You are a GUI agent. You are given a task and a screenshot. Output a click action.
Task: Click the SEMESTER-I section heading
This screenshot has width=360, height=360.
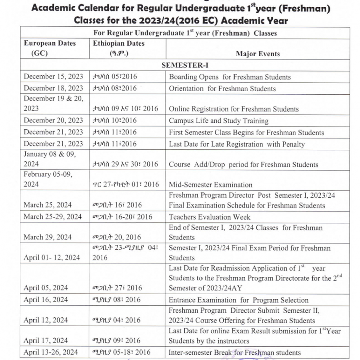point(185,65)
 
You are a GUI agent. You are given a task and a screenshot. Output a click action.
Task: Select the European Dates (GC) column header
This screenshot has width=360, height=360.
point(49,48)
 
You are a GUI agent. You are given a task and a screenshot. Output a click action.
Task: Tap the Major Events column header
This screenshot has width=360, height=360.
point(258,54)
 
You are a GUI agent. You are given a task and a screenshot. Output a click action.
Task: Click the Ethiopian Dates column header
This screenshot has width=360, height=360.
point(119,48)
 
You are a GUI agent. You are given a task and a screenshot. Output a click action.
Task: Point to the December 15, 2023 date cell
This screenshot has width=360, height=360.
point(53,77)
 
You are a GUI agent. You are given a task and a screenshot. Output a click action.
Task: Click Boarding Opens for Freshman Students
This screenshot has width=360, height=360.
point(230,77)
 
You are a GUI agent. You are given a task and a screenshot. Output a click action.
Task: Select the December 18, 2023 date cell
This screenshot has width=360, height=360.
point(53,88)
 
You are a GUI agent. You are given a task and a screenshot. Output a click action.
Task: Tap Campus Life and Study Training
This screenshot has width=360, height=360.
point(219,121)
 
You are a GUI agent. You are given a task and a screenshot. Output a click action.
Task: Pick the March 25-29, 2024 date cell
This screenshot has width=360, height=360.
point(52,217)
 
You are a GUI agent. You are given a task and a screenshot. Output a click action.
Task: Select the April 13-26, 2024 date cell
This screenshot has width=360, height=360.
point(52,352)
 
